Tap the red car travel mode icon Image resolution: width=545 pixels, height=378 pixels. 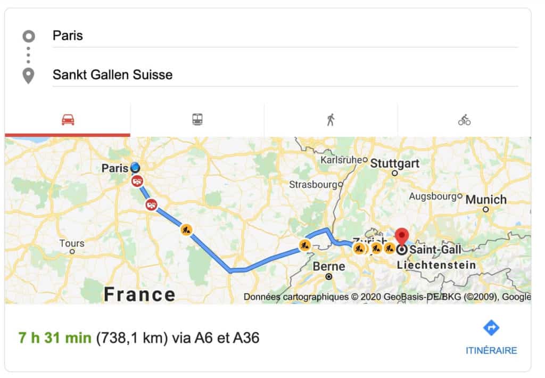(x=68, y=120)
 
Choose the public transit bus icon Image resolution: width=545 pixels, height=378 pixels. (x=197, y=120)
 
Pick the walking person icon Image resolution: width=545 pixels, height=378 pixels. (x=331, y=120)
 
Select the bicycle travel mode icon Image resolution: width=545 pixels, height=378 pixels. (x=464, y=120)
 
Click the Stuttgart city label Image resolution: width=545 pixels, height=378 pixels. (x=394, y=163)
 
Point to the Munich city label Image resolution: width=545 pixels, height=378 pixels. (x=485, y=200)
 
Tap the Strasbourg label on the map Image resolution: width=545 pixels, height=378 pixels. (x=313, y=185)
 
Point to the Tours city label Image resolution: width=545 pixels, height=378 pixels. (x=72, y=243)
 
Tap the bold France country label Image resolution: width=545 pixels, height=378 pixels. (x=139, y=293)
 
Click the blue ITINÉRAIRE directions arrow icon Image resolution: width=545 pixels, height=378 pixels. (x=491, y=328)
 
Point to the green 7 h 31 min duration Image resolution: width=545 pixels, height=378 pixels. (x=54, y=338)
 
